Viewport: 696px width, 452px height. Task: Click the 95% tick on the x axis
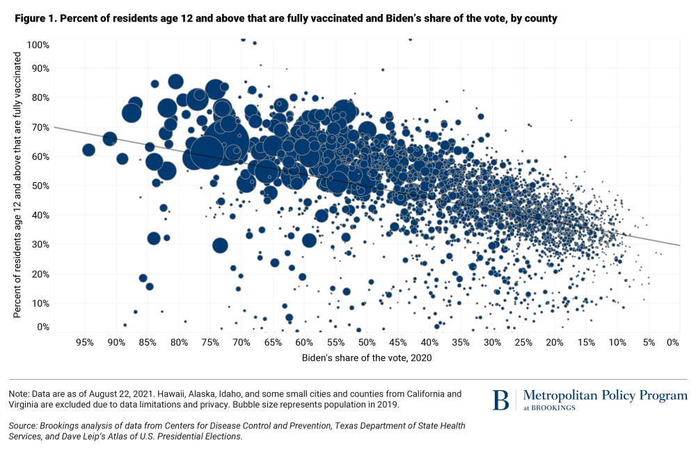tap(85, 342)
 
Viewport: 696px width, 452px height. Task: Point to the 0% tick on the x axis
tap(672, 342)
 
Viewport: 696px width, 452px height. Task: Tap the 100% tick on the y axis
tap(37, 45)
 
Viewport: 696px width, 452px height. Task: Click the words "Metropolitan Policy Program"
tap(605, 396)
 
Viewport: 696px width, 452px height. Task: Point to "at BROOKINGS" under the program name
tap(549, 407)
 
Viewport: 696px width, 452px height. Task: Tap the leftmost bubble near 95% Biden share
tap(88, 150)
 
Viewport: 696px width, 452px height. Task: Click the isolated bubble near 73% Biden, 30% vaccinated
tap(220, 245)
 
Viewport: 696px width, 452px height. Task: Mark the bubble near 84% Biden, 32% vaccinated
tap(154, 238)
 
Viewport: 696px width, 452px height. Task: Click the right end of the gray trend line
tap(679, 245)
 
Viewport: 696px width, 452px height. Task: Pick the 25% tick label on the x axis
tap(523, 342)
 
